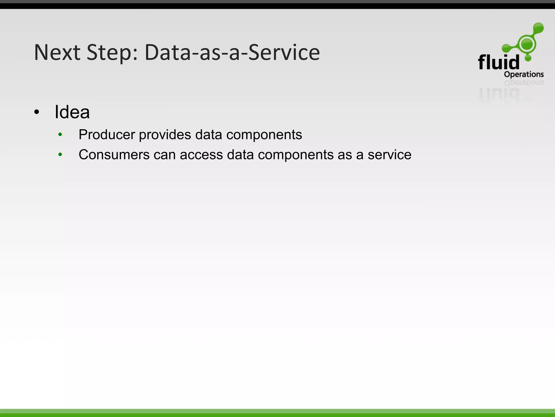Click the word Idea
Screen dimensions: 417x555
(72, 112)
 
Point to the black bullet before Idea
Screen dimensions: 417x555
(37, 112)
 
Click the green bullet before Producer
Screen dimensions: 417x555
(60, 134)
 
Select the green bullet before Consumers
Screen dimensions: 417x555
(60, 155)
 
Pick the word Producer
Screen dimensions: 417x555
(107, 135)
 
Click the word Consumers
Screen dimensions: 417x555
(114, 155)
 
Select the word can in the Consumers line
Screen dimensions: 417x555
(165, 155)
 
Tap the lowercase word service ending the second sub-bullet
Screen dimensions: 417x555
(389, 155)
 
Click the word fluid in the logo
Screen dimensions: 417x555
(498, 62)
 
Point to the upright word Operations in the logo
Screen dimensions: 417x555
(524, 74)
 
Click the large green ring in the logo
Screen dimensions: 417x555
(527, 44)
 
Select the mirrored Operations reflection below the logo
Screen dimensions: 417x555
(524, 83)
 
